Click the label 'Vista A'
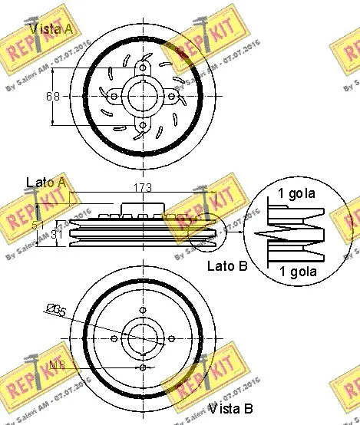click(52, 29)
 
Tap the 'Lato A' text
click(45, 183)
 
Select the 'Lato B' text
click(226, 267)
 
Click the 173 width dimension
click(143, 188)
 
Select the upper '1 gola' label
click(297, 194)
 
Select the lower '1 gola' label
click(297, 272)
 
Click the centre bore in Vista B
click(143, 338)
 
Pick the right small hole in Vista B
click(172, 338)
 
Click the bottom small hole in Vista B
click(143, 367)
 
